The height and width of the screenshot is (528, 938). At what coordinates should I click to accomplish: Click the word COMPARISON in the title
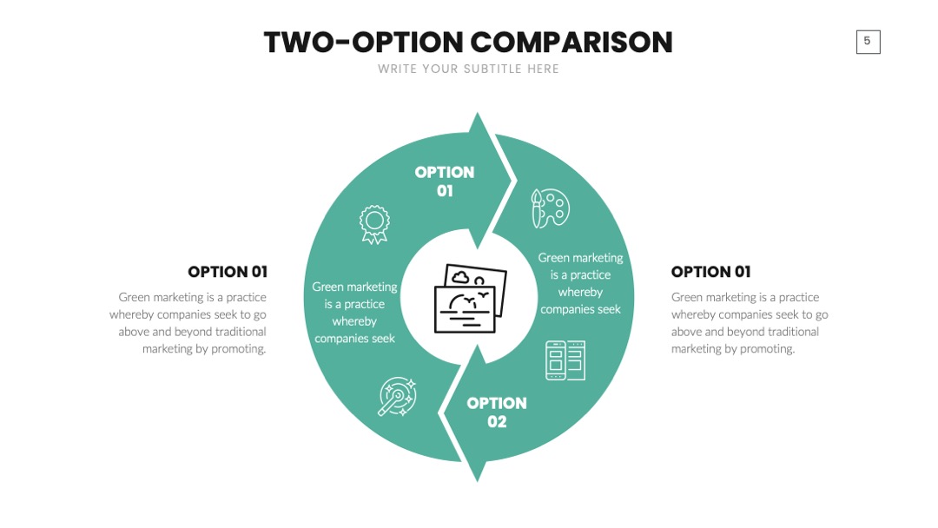point(571,43)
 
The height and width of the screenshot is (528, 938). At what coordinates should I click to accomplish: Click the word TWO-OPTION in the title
point(364,43)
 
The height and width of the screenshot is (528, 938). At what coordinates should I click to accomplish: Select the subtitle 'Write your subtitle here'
point(468,69)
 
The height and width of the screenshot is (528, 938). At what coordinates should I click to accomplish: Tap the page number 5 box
point(868,42)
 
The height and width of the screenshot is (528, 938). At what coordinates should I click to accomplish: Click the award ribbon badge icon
point(374,224)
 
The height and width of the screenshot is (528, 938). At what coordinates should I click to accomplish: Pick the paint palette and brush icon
point(551,208)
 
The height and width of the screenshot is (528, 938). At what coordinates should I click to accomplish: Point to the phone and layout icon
point(565,360)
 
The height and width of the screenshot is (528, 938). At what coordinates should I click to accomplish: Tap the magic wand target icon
point(397,396)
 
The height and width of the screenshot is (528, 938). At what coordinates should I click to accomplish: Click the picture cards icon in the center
point(470,299)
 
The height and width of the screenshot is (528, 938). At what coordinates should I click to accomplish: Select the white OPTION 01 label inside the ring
point(445,181)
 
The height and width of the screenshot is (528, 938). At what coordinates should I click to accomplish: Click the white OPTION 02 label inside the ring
point(497,412)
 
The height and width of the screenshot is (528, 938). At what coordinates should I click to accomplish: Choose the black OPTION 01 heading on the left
point(228,272)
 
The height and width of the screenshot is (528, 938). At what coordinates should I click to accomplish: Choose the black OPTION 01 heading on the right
point(710,272)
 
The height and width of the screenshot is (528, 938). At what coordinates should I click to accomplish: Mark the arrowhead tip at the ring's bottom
point(478,481)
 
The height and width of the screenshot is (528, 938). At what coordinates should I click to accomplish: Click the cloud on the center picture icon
point(460,277)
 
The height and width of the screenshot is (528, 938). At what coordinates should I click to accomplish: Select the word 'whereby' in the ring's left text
point(354,321)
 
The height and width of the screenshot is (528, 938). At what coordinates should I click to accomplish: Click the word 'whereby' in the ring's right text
point(580,292)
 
